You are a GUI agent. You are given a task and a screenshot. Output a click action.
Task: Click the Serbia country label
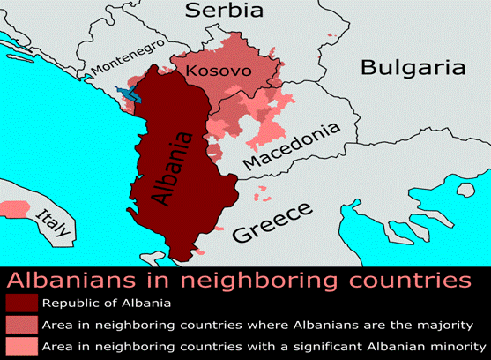[x=224, y=11]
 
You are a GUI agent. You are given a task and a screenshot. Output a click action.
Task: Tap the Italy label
[x=52, y=222]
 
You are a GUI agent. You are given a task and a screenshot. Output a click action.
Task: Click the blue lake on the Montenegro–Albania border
[x=125, y=92]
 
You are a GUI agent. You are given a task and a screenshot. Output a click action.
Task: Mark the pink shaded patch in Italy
[x=14, y=208]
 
